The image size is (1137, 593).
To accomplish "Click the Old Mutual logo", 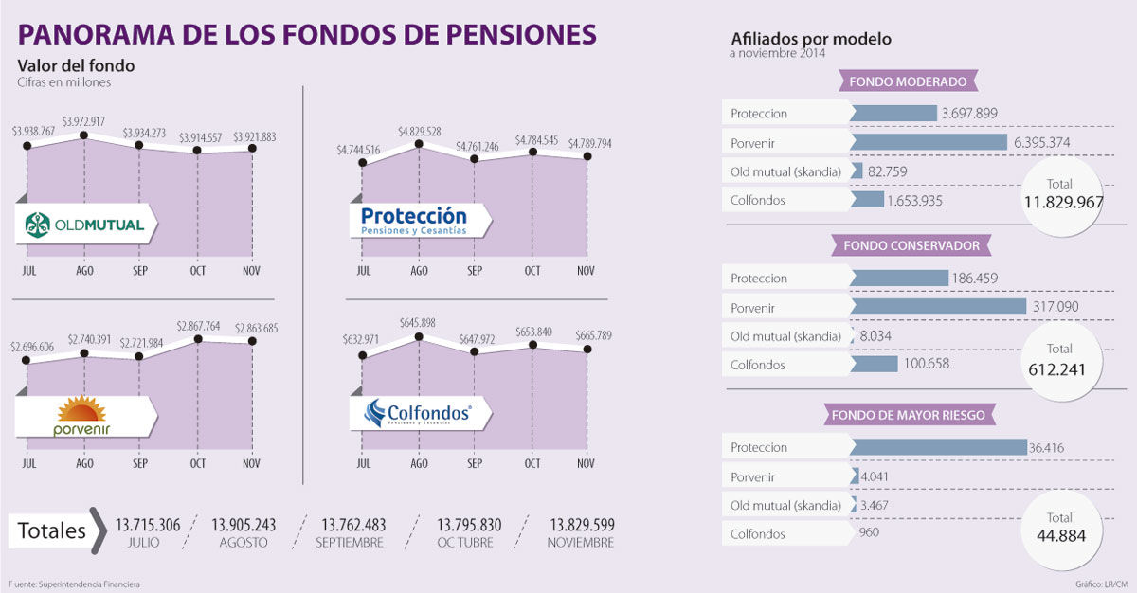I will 85,225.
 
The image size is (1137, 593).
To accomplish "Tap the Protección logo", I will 413,221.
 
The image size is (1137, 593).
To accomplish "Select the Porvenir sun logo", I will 81,417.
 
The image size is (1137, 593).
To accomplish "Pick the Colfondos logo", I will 417,414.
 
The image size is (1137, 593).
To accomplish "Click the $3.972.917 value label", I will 83,121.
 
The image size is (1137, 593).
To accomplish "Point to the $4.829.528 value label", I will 420,131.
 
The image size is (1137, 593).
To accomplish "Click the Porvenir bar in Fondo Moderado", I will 929,142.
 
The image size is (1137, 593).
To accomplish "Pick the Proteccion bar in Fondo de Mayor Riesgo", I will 939,447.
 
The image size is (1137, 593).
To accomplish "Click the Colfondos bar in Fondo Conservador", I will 874,364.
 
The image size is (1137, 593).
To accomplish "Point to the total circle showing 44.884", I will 1060,528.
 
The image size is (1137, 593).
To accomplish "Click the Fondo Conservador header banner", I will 911,246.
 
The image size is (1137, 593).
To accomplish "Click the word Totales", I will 52,530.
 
